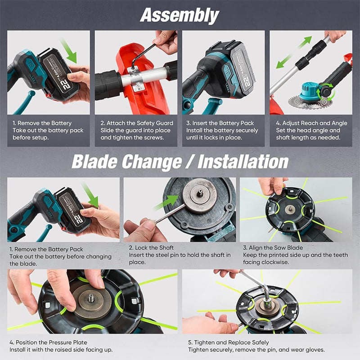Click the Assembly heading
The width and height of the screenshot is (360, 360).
click(180, 16)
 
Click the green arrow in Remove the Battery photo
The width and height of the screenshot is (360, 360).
click(69, 51)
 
